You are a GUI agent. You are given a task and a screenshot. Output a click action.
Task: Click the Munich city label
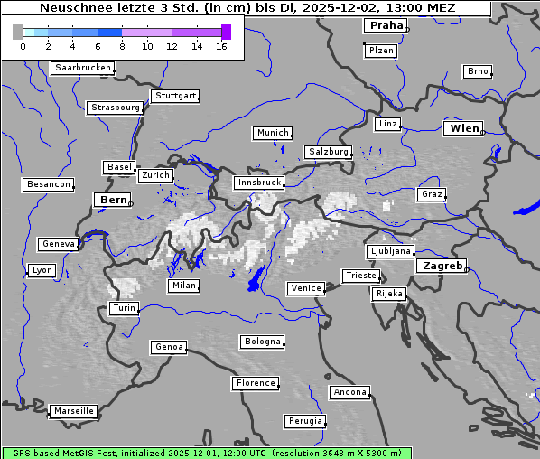pos(273,133)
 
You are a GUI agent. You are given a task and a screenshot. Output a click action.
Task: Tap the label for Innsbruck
pos(258,183)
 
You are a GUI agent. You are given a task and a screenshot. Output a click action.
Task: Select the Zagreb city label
pos(441,266)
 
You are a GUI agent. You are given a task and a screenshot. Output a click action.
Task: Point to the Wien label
pos(464,128)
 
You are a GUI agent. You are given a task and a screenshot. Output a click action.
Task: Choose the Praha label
pos(386,25)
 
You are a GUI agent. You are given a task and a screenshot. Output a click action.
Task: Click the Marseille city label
pos(73,411)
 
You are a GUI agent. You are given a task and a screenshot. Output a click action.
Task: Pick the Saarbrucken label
pos(83,68)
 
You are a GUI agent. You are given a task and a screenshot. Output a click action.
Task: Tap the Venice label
pos(305,288)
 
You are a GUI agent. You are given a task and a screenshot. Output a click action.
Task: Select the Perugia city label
pos(304,421)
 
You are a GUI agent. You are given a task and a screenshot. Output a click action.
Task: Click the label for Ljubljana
pos(390,251)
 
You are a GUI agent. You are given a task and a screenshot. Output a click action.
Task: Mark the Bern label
pos(113,200)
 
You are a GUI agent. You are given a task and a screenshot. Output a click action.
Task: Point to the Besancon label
pos(49,184)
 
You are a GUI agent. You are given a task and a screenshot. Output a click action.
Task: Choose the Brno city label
pos(477,71)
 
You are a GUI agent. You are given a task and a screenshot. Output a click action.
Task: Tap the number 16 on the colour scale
pos(221,46)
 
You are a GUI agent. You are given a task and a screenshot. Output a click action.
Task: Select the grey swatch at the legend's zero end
pos(18,32)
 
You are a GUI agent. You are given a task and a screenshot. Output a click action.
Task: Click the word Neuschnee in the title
pos(71,8)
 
